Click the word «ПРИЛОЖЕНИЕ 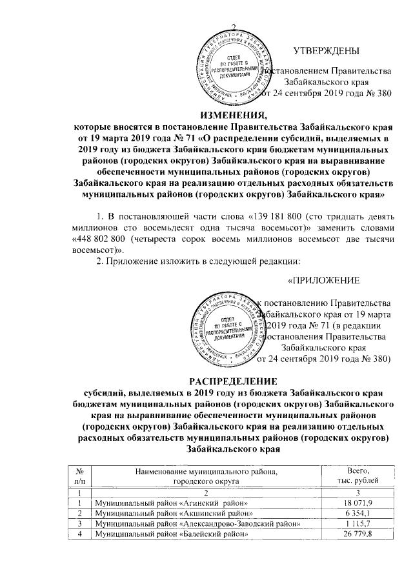tap(323, 280)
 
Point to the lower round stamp tap(225, 330)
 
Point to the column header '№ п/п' tap(78, 476)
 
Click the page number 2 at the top tap(234, 26)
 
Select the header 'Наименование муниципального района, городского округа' tap(206, 476)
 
